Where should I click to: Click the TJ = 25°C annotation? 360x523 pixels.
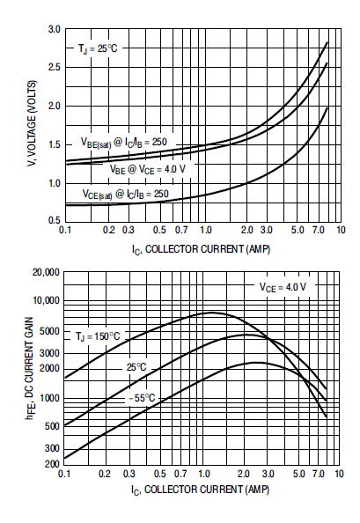[x=98, y=48]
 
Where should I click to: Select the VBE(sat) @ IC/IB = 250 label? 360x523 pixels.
[x=123, y=143]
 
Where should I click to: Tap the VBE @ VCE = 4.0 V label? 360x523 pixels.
[x=148, y=169]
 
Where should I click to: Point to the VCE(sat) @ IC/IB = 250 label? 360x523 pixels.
[x=125, y=194]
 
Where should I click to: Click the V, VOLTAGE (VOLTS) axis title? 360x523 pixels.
[x=33, y=124]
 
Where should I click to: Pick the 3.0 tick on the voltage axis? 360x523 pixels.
[x=55, y=29]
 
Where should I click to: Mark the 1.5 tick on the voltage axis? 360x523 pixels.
[x=55, y=144]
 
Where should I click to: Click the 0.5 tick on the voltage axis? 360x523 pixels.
[x=55, y=220]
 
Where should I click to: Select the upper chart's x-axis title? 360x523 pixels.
[x=201, y=250]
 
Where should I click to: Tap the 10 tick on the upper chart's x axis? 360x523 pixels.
[x=341, y=230]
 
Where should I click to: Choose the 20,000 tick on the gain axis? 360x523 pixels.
[x=46, y=272]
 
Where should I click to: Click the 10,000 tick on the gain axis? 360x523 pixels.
[x=46, y=300]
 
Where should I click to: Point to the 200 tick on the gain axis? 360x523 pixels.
[x=52, y=464]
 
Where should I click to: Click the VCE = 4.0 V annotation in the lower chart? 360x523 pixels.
[x=283, y=287]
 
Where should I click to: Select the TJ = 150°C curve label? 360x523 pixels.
[x=98, y=336]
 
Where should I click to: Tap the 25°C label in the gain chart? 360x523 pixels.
[x=136, y=367]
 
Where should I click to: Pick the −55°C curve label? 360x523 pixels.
[x=142, y=398]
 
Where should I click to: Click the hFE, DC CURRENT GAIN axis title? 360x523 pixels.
[x=30, y=368]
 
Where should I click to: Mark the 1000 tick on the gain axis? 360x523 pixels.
[x=49, y=398]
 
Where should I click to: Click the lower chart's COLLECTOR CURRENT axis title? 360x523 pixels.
[x=200, y=490]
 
